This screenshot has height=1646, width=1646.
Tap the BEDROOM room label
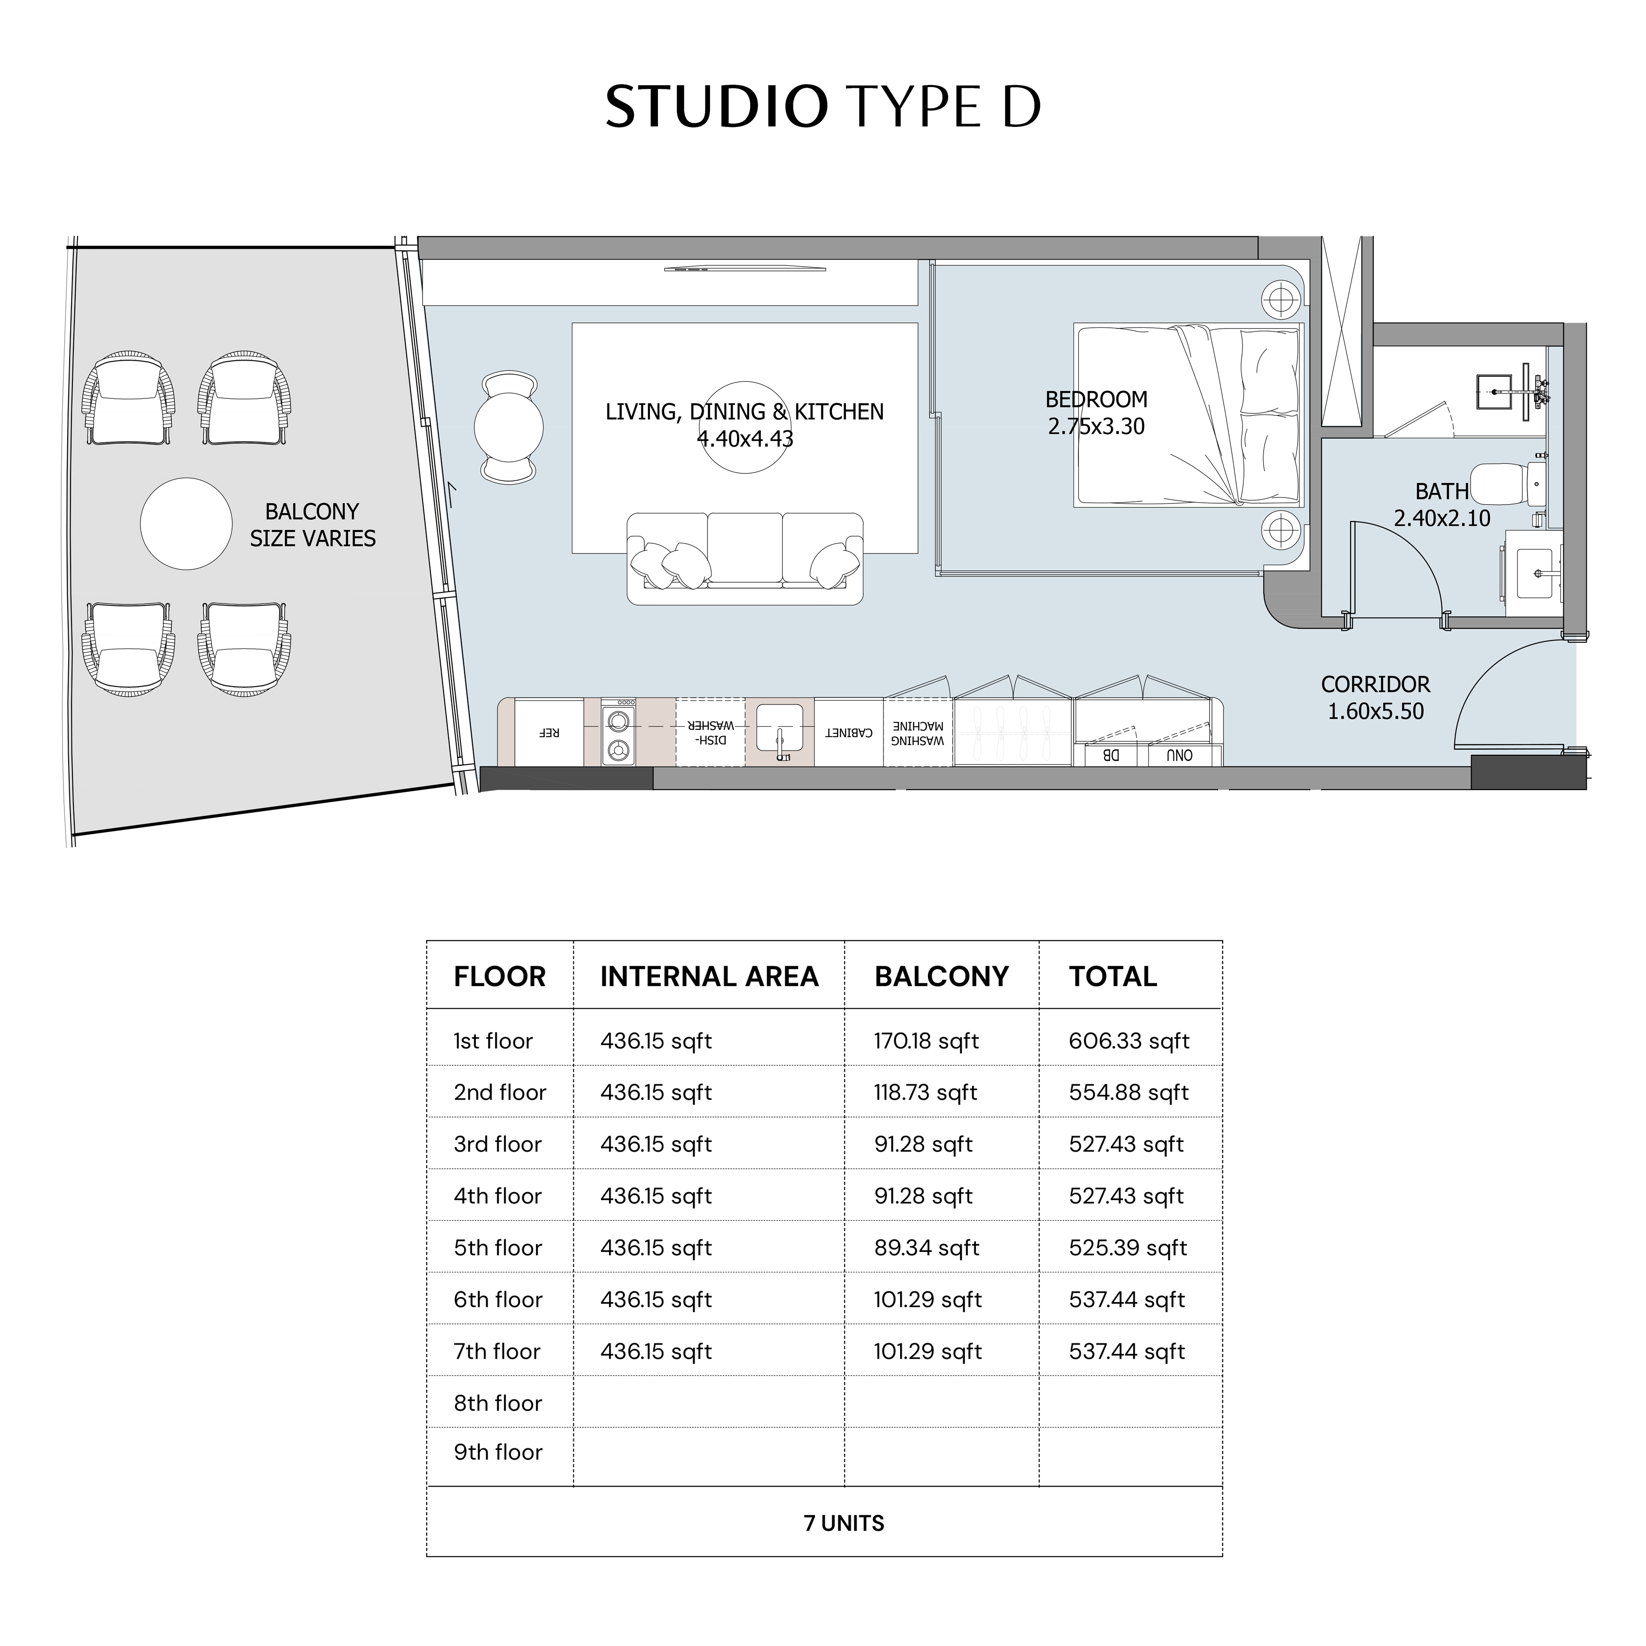[x=1097, y=400]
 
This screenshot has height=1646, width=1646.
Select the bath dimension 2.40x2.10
[x=1442, y=518]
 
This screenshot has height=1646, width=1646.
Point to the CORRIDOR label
[x=1375, y=684]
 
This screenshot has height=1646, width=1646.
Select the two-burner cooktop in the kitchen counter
[x=618, y=733]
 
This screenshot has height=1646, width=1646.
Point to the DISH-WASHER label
[x=711, y=733]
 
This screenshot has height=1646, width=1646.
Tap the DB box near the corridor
[x=1110, y=755]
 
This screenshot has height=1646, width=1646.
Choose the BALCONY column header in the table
[x=942, y=976]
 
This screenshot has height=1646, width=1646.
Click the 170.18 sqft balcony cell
[x=926, y=1041]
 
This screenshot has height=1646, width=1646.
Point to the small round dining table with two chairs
[x=509, y=427]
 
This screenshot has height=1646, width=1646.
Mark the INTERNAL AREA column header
[x=709, y=976]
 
